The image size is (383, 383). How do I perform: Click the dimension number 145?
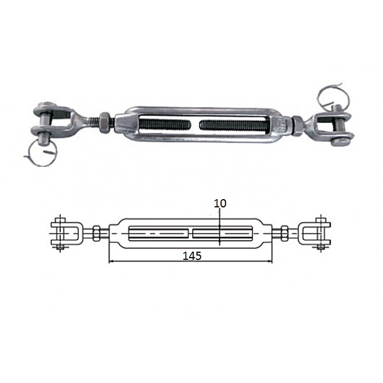(x=192, y=256)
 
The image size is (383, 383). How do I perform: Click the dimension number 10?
(x=220, y=203)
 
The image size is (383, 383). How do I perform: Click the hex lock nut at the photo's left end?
(x=105, y=123)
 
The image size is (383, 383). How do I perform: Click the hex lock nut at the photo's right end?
(x=297, y=125)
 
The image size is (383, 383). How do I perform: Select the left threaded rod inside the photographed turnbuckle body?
(x=165, y=125)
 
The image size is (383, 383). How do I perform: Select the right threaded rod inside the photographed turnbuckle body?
(x=235, y=126)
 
